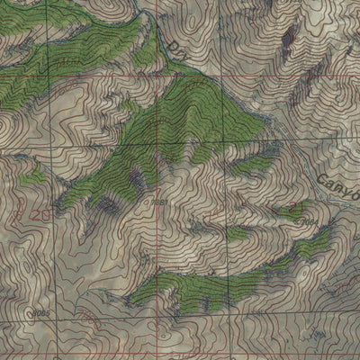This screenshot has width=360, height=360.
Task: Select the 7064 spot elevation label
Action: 308,220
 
